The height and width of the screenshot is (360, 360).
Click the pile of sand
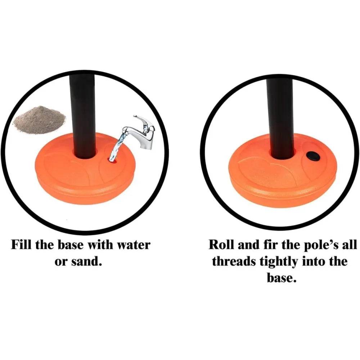pyautogui.click(x=40, y=120)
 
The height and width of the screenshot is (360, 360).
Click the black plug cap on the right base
pyautogui.click(x=313, y=156)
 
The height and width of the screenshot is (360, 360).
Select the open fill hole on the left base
pyautogui.click(x=113, y=161)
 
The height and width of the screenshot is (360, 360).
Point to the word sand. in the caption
pyautogui.click(x=86, y=261)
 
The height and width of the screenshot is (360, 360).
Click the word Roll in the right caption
pyautogui.click(x=221, y=245)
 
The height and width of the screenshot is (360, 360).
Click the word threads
pyautogui.click(x=234, y=261)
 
